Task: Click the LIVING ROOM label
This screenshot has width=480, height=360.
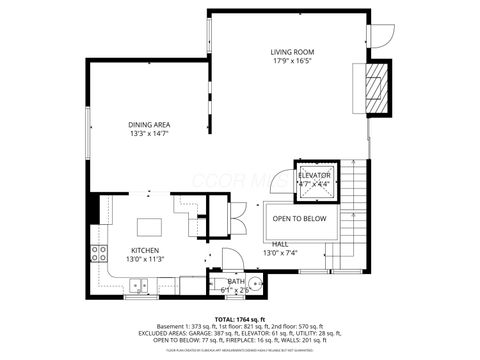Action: coord(292,51)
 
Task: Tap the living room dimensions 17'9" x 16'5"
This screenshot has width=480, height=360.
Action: coord(292,61)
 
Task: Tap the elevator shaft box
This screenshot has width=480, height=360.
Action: coord(315,179)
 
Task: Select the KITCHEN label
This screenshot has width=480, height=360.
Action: coord(145,250)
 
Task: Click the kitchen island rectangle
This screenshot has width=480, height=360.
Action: coord(150,224)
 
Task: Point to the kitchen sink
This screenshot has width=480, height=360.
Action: coord(138,287)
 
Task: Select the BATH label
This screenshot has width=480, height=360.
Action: coord(235,282)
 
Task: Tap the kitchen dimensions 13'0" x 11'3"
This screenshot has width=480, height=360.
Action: coord(145,260)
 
